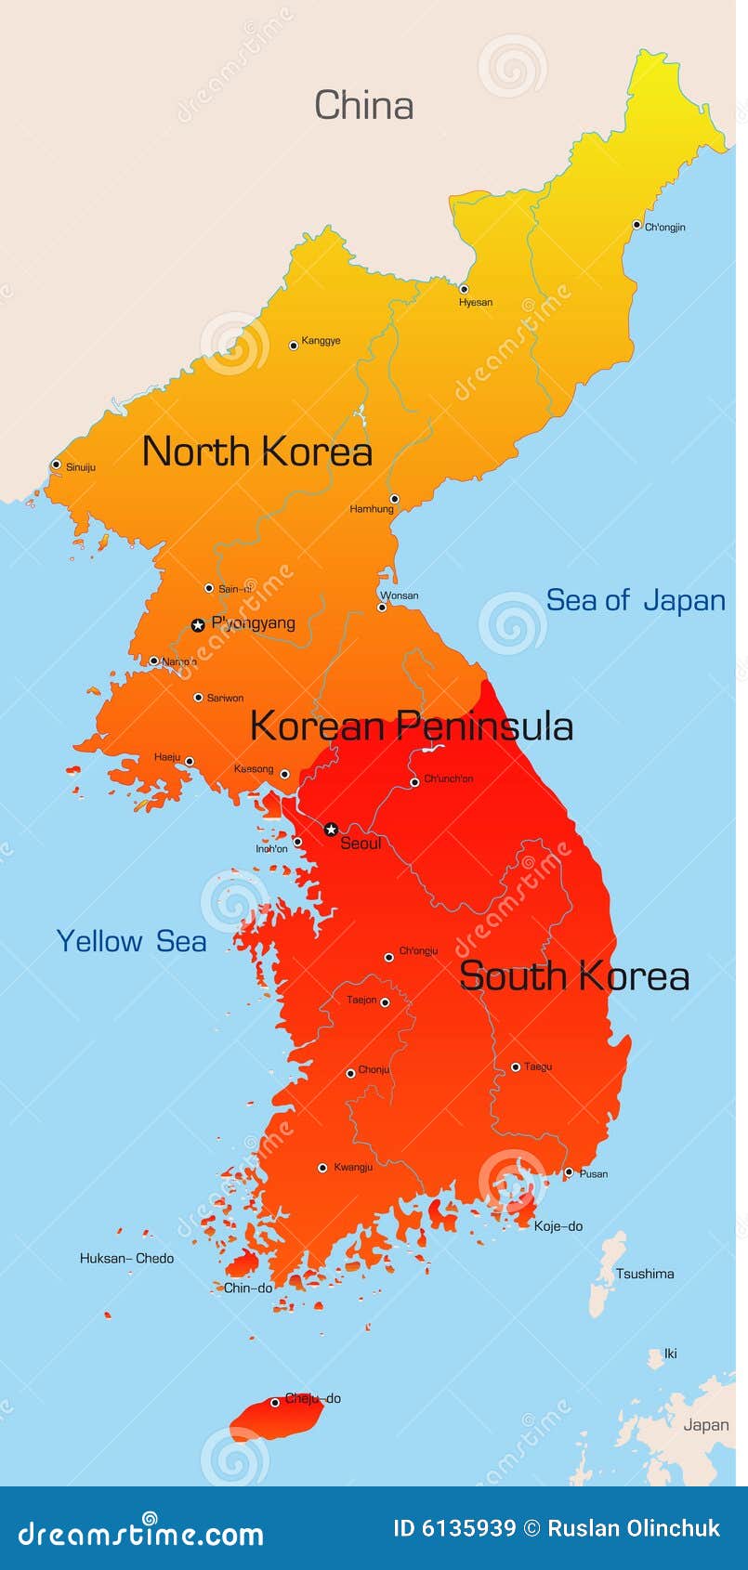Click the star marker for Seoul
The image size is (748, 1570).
(331, 829)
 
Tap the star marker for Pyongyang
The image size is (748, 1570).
(198, 625)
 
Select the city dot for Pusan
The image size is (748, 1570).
(569, 1172)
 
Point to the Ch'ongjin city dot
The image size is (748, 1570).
(636, 224)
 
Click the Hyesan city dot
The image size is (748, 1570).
(464, 289)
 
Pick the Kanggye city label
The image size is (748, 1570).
(321, 341)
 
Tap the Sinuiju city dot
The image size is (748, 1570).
(57, 464)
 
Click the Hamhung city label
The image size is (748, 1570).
(372, 509)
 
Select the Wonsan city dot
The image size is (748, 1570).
(381, 608)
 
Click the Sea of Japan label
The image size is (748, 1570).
(636, 600)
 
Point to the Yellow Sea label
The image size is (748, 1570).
(131, 941)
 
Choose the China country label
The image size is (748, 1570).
(363, 105)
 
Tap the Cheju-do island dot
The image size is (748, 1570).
(275, 1402)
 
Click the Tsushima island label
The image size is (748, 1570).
(645, 1274)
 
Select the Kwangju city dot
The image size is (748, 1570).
(322, 1168)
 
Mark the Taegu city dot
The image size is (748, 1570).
(516, 1067)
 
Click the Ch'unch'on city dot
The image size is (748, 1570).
(414, 782)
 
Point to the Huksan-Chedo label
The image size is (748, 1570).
(126, 1259)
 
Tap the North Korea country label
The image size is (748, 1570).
(257, 451)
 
